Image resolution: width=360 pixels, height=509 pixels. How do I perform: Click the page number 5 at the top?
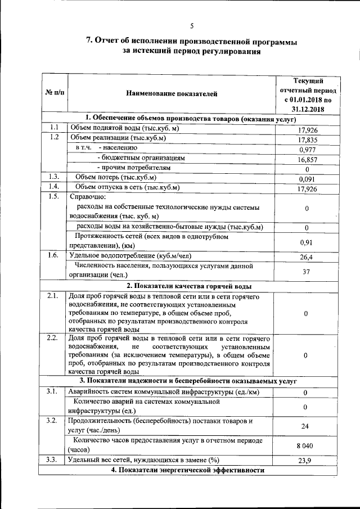(191, 26)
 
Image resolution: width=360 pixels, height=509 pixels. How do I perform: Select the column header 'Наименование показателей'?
(171, 94)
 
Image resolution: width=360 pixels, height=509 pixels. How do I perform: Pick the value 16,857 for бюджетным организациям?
(308, 160)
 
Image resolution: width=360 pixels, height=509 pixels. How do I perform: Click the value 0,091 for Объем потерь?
(308, 179)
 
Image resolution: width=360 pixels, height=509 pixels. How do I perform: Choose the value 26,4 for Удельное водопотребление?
(307, 257)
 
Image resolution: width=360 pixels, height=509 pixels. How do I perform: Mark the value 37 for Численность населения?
(307, 272)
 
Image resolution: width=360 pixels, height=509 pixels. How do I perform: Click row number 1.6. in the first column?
(53, 256)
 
